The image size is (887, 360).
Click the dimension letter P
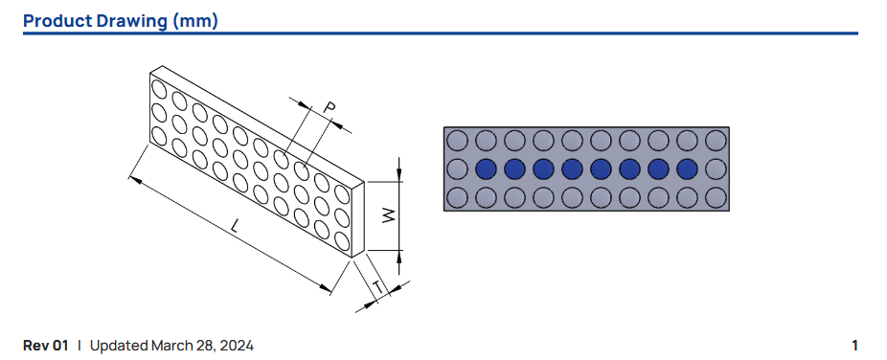(329, 107)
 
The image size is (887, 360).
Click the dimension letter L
(237, 226)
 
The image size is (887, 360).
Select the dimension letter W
(389, 214)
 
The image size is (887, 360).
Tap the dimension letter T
(379, 287)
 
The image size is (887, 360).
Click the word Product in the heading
(57, 21)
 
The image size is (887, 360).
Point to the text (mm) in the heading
(195, 21)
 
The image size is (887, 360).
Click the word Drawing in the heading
(132, 21)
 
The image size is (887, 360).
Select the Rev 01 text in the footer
(45, 346)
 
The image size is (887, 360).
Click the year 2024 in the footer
(238, 346)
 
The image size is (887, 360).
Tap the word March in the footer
(170, 346)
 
